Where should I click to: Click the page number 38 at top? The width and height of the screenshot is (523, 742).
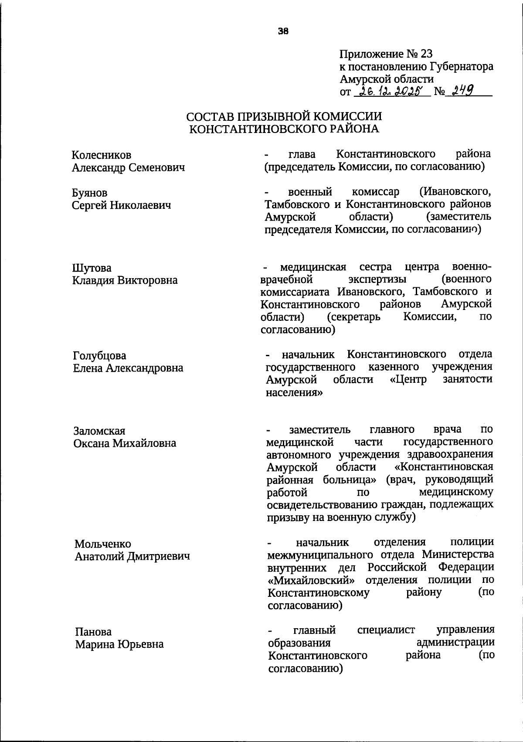tap(283, 31)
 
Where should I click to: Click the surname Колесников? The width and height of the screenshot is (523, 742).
tap(101, 155)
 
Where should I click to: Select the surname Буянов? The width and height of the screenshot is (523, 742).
tap(89, 193)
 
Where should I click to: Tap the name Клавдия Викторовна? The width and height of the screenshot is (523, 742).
tap(125, 280)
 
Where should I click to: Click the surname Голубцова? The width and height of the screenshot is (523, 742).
tap(99, 356)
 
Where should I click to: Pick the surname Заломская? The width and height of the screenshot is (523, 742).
tap(99, 431)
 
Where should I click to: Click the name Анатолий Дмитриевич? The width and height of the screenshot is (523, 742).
tap(132, 557)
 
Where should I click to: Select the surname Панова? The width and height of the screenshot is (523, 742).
tap(93, 632)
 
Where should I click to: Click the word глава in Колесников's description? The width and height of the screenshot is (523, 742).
tap(302, 154)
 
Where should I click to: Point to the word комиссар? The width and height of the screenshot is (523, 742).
tap(375, 192)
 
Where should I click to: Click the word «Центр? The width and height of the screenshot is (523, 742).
tap(408, 380)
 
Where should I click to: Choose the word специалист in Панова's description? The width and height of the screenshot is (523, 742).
tap(386, 630)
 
